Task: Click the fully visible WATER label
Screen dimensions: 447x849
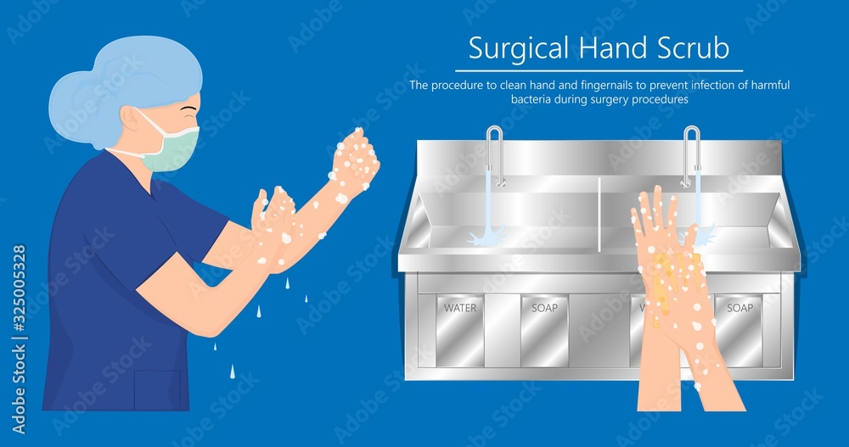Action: pos(460,307)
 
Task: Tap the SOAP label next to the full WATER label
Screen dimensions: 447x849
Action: pos(544,307)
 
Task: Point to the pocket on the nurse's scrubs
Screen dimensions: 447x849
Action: pos(158,389)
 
